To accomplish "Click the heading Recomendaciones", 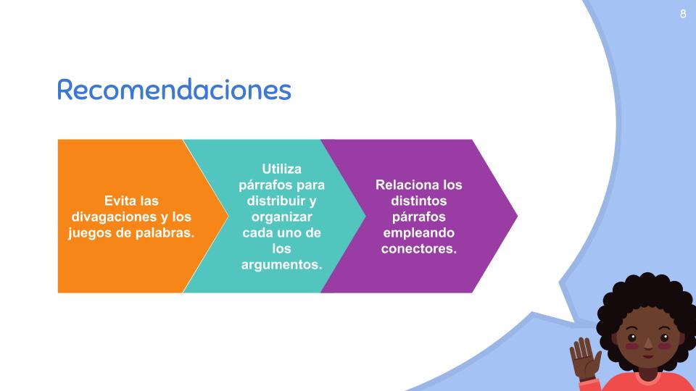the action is coord(174,89).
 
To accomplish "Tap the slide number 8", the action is coord(683,14).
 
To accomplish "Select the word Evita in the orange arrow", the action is coord(118,201).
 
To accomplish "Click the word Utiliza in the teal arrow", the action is coord(281,169).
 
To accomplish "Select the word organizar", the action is coord(281,217).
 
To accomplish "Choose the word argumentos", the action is coord(281,265).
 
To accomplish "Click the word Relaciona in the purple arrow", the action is coord(401,185).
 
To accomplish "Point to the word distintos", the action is coord(418,201).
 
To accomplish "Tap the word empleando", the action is coord(418,233).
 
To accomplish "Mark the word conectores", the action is coord(418,248).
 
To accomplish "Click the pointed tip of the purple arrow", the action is coord(517,216).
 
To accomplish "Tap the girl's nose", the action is coord(648,342).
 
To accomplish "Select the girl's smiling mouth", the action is coord(648,356).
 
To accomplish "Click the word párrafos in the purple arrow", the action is coord(418,217).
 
